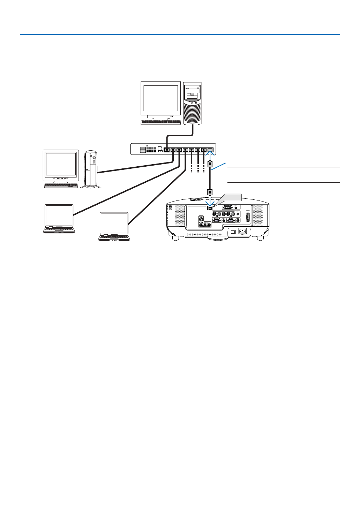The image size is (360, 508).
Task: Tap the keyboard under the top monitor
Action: [x=160, y=122]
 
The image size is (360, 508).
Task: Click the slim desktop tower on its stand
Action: [x=91, y=169]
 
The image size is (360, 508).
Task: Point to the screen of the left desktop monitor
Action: [x=61, y=164]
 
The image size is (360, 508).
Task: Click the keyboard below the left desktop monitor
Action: [x=61, y=185]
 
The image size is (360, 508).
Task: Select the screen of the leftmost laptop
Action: [x=59, y=215]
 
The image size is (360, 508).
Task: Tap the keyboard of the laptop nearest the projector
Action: [x=114, y=238]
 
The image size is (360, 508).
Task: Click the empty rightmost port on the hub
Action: [x=210, y=150]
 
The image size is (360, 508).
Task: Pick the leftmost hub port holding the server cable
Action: [x=167, y=150]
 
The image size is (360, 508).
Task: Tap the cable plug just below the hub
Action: [x=210, y=164]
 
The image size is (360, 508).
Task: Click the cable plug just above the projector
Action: [x=210, y=192]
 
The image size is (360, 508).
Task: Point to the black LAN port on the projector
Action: [x=210, y=208]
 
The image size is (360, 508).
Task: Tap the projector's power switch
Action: [x=233, y=232]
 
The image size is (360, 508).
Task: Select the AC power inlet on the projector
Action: [x=242, y=231]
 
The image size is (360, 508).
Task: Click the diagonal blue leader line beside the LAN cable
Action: [x=219, y=166]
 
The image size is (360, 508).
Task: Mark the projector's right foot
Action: [x=260, y=239]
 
